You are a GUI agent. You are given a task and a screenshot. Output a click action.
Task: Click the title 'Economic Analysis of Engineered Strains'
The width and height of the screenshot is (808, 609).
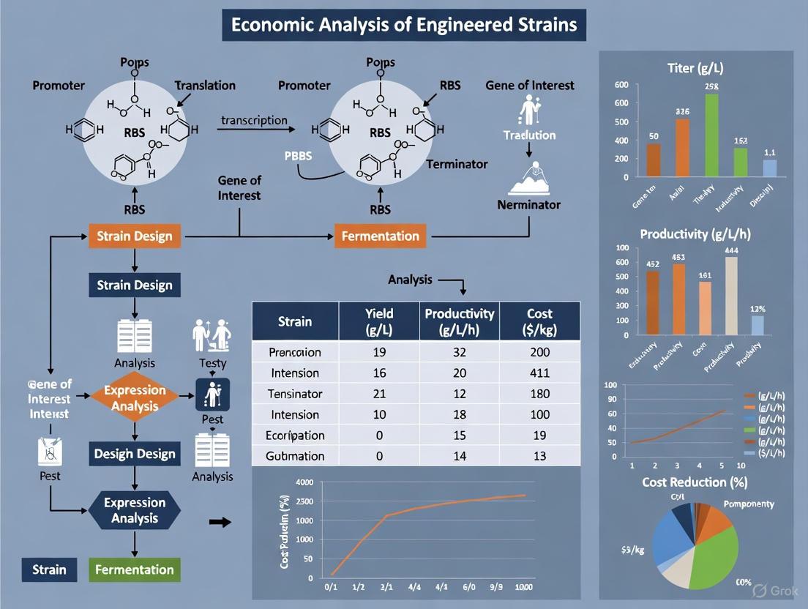point(404,24)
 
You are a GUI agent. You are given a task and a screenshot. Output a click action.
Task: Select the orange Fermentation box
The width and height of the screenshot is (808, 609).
point(381,236)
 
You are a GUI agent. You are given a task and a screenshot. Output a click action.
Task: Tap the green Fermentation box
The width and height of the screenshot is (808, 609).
point(134,569)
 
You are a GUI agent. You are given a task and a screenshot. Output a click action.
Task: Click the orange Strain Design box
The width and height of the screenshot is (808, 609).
point(135,236)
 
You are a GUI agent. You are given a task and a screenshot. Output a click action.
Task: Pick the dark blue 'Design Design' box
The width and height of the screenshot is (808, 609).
point(135,454)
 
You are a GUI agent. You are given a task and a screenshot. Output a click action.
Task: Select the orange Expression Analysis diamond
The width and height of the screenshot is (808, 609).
point(135,397)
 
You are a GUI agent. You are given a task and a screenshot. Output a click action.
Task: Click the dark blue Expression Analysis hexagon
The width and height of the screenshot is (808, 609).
point(135,510)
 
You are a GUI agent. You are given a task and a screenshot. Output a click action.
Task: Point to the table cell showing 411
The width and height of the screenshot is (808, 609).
point(539,373)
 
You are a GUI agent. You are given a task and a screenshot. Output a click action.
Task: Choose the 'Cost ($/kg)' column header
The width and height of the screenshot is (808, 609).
point(539,321)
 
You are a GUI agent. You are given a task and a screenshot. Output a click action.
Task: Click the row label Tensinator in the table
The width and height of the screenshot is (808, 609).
point(295,394)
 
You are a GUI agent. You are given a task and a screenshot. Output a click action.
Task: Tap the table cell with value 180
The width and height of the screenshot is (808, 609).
point(539,394)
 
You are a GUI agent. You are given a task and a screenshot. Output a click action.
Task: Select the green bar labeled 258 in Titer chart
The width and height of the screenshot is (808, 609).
point(711,135)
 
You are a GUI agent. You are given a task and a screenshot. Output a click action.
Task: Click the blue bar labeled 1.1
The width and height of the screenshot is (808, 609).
point(770,168)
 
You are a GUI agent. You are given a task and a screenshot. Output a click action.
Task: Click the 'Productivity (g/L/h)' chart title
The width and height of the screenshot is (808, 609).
point(695,234)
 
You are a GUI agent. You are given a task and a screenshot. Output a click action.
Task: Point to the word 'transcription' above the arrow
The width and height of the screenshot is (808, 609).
point(254,121)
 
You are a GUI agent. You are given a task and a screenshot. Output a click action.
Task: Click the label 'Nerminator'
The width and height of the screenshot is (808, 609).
point(528,204)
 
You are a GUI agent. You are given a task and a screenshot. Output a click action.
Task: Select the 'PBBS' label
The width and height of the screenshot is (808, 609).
point(298,156)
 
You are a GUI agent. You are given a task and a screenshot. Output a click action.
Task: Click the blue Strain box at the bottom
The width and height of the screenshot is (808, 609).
point(49,569)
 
